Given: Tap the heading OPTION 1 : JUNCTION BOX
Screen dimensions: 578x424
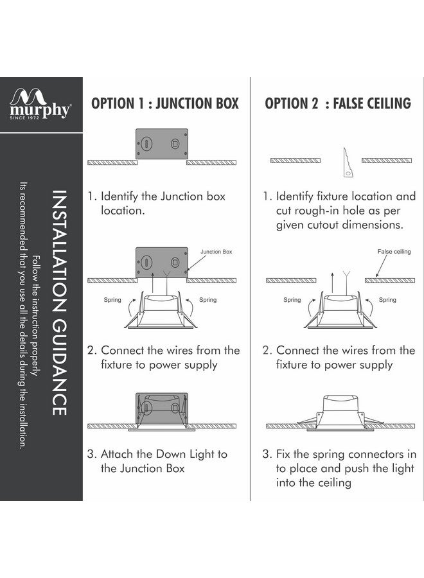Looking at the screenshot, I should [165, 103].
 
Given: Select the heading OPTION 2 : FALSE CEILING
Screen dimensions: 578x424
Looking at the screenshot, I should [338, 103].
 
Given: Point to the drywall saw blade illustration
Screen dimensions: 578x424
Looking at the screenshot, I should [348, 163].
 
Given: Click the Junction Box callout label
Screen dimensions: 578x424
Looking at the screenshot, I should [216, 252].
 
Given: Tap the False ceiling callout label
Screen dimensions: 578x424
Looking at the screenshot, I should [394, 252].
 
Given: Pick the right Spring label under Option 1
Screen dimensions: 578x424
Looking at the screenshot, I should [208, 300].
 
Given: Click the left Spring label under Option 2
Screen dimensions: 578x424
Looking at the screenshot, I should [292, 300].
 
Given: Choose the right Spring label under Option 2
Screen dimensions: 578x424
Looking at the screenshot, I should [387, 300].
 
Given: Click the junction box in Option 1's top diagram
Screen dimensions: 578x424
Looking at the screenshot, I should [161, 144].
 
